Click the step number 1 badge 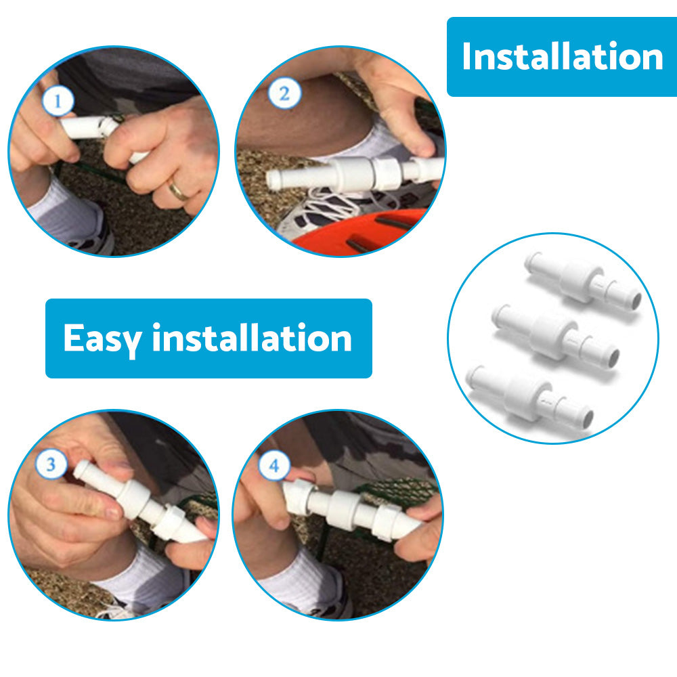(58, 101)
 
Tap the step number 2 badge (284, 93)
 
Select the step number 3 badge (51, 464)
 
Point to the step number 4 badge (274, 466)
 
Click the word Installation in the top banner (562, 56)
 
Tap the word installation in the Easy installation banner (252, 338)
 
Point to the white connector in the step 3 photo (139, 501)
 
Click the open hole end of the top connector (636, 300)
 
